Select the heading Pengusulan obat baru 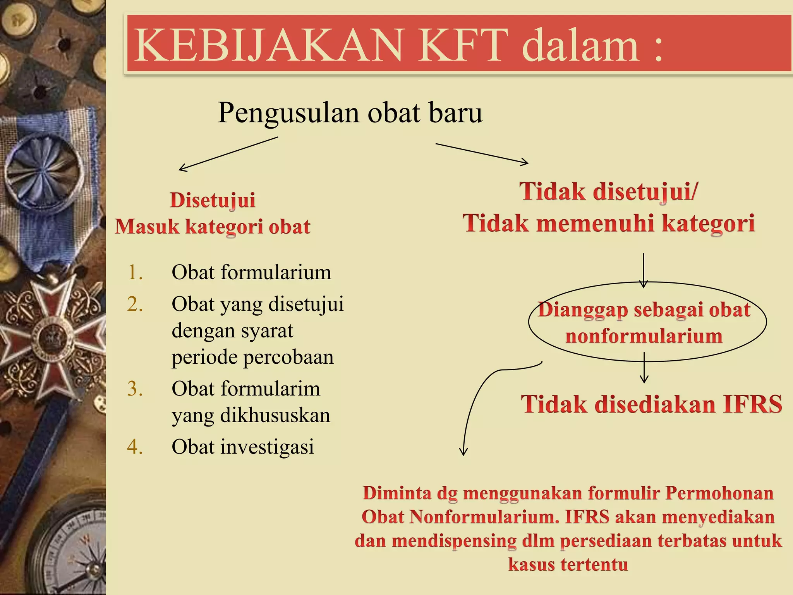tap(350, 113)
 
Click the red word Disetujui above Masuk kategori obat tap(213, 200)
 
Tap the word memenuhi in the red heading tap(594, 224)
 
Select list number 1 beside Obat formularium tap(135, 272)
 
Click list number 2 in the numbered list tap(135, 304)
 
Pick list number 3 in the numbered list tap(135, 389)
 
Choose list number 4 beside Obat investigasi tap(135, 447)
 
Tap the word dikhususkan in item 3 tap(275, 415)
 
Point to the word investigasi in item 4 tap(267, 447)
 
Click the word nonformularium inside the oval tap(644, 336)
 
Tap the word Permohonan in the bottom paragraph tap(719, 494)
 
